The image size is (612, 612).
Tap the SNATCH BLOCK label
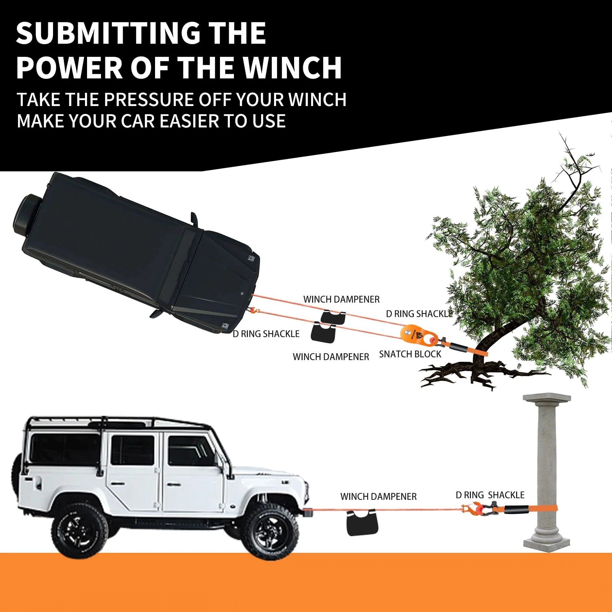410,354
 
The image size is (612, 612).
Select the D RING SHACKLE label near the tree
419,314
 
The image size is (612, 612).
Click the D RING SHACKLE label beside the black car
266,334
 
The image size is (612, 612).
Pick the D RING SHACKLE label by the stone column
490,495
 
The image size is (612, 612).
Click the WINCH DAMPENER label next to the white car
378,497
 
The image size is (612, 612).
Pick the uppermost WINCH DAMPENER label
341,300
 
